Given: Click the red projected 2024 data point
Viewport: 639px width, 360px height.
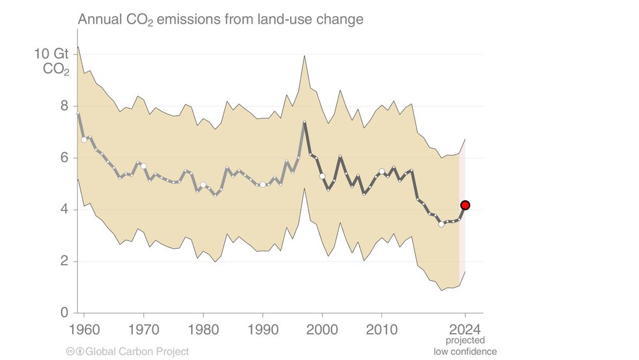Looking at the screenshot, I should [465, 205].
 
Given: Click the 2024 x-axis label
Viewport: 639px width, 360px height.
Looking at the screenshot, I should [465, 331].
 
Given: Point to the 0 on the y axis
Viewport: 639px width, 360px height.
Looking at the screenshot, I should [65, 313].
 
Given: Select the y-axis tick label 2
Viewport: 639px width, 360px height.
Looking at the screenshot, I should [65, 261].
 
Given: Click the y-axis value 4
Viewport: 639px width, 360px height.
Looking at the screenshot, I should [65, 209].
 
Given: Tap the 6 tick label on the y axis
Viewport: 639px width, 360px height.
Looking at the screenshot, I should [65, 157].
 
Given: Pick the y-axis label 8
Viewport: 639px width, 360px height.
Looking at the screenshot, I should [65, 106].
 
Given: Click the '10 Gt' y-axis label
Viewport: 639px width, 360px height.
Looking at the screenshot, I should [52, 54].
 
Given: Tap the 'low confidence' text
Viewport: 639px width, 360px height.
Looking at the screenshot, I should [465, 351].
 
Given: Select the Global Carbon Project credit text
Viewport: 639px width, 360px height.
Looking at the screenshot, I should [137, 351].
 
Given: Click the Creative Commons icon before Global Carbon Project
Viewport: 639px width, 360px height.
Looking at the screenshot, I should [70, 351].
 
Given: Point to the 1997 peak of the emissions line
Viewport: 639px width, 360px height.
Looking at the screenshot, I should [304, 121].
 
